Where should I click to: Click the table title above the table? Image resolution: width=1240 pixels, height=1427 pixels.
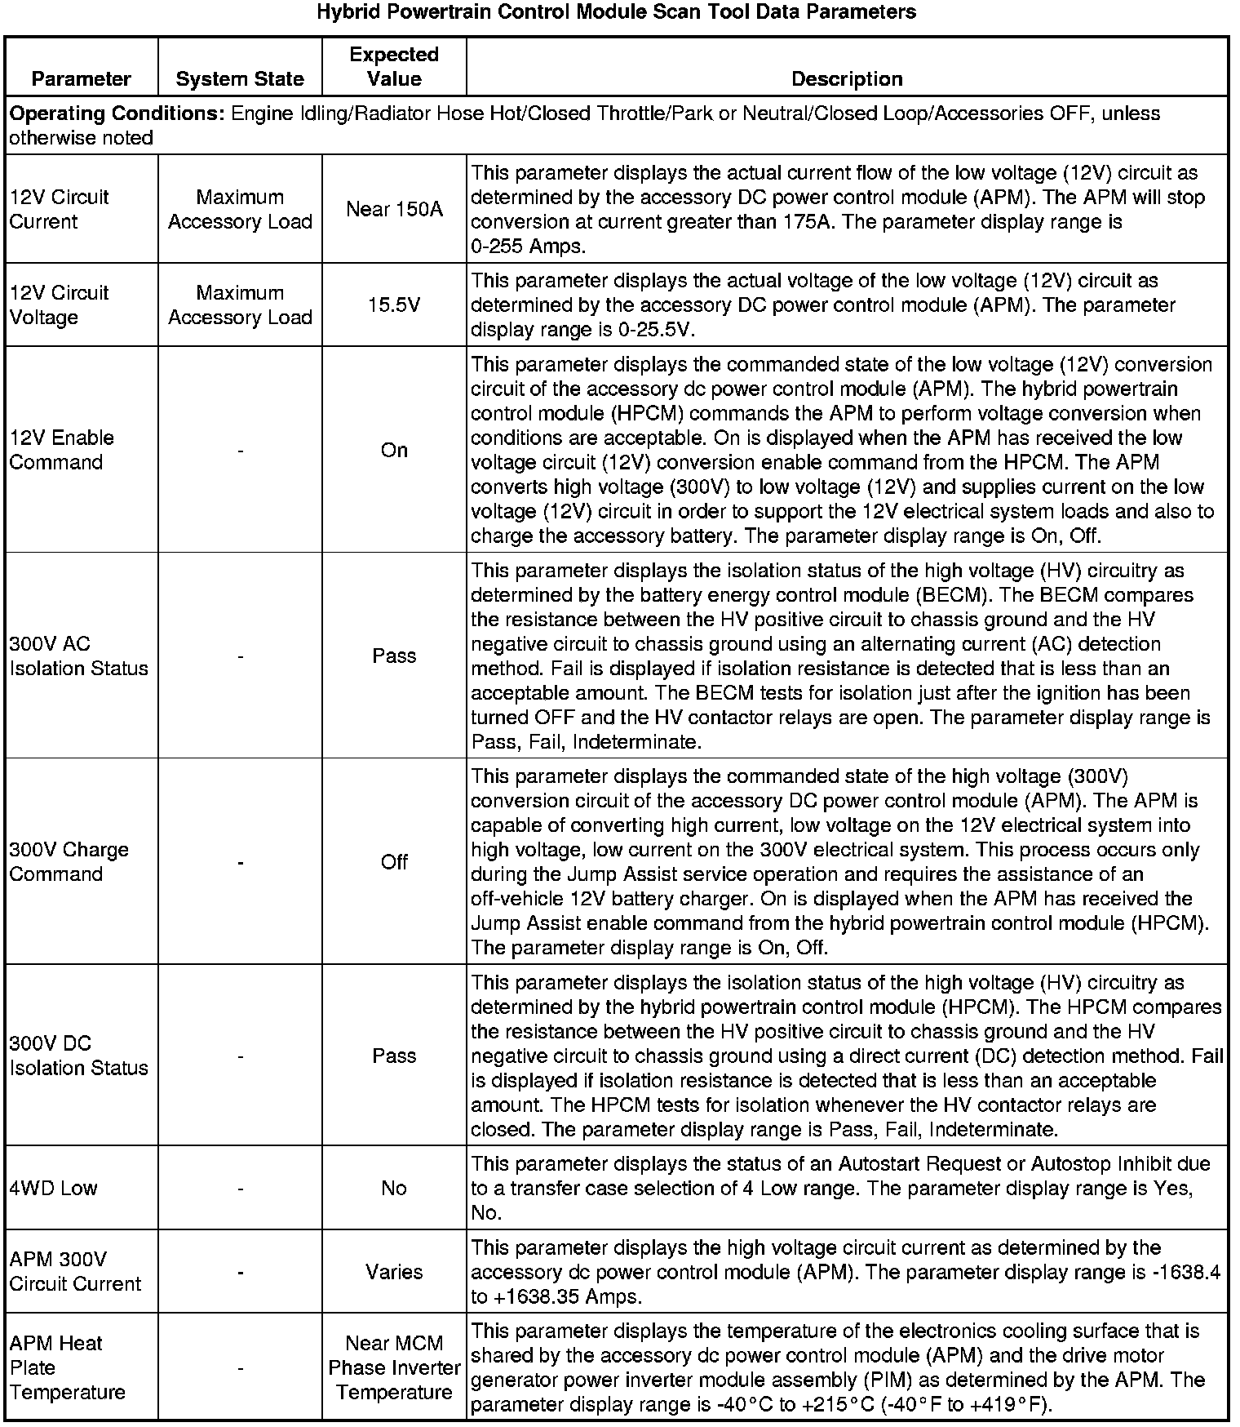pyautogui.click(x=616, y=12)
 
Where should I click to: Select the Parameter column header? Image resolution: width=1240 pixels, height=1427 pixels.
pyautogui.click(x=81, y=78)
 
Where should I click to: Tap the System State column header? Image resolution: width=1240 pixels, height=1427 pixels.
pyautogui.click(x=240, y=78)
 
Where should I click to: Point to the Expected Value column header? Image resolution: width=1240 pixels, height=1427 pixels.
pyautogui.click(x=394, y=66)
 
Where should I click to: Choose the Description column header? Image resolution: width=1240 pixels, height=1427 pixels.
pyautogui.click(x=847, y=78)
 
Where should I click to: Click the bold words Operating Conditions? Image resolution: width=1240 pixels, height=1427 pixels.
pyautogui.click(x=117, y=113)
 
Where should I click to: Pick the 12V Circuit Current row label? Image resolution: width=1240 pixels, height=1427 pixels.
pyautogui.click(x=60, y=209)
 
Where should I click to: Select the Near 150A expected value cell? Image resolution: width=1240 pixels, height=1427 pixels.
pyautogui.click(x=394, y=209)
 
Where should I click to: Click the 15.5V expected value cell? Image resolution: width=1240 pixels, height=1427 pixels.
pyautogui.click(x=394, y=305)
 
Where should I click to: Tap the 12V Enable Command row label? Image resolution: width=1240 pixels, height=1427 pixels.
pyautogui.click(x=62, y=450)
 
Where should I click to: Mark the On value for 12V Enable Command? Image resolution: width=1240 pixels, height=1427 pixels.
pyautogui.click(x=394, y=450)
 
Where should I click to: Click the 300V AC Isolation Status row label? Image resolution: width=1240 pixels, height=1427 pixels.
pyautogui.click(x=78, y=656)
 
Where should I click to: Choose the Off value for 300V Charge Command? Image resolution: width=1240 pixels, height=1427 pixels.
pyautogui.click(x=394, y=861)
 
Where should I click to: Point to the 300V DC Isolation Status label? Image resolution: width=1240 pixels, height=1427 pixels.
pyautogui.click(x=78, y=1055)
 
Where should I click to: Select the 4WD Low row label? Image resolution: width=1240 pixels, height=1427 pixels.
pyautogui.click(x=53, y=1188)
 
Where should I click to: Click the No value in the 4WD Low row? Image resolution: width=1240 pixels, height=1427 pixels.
pyautogui.click(x=394, y=1188)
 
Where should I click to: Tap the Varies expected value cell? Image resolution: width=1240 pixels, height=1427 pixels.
pyautogui.click(x=394, y=1271)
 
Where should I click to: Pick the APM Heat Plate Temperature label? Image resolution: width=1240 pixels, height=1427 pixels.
pyautogui.click(x=67, y=1367)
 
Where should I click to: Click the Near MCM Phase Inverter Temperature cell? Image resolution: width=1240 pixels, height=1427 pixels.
pyautogui.click(x=394, y=1367)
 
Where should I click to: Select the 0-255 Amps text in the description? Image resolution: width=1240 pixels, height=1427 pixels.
pyautogui.click(x=528, y=246)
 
